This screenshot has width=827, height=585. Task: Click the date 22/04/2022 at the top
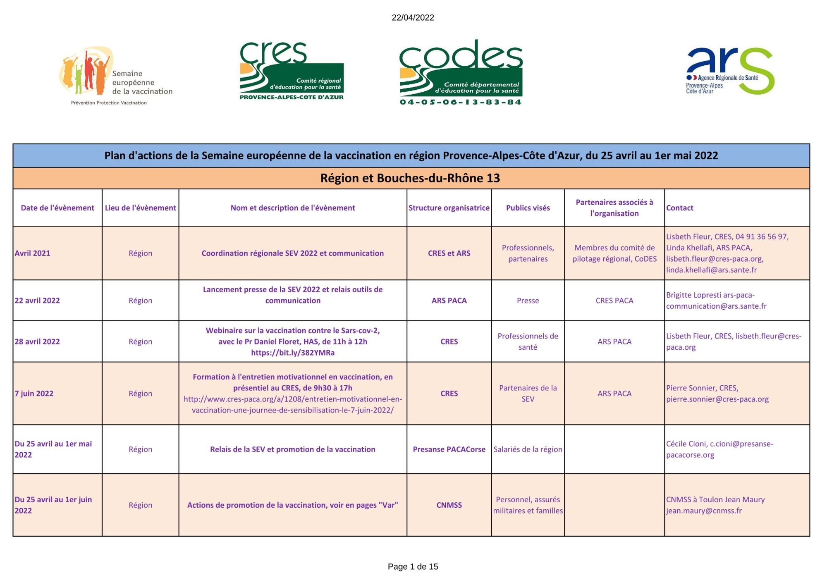pyautogui.click(x=413, y=18)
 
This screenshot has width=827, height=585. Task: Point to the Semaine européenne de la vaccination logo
pyautogui.click(x=115, y=76)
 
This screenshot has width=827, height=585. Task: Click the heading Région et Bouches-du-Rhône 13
pyautogui.click(x=410, y=178)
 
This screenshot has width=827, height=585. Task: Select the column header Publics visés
pyautogui.click(x=528, y=208)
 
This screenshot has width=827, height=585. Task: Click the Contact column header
pyautogui.click(x=679, y=208)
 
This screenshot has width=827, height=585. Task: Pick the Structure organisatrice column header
pyautogui.click(x=449, y=208)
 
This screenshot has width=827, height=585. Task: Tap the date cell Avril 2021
pyautogui.click(x=33, y=253)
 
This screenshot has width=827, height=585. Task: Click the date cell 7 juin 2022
pyautogui.click(x=34, y=393)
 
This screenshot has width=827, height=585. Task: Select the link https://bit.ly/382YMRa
pyautogui.click(x=293, y=353)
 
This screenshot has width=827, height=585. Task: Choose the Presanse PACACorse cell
pyautogui.click(x=449, y=449)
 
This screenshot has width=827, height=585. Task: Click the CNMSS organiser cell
pyautogui.click(x=449, y=505)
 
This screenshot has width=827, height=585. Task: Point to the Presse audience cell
pyautogui.click(x=528, y=301)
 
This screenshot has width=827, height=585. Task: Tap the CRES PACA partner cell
pyautogui.click(x=614, y=301)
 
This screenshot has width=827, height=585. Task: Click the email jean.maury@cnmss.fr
pyautogui.click(x=704, y=511)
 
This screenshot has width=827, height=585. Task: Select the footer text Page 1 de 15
pyautogui.click(x=413, y=567)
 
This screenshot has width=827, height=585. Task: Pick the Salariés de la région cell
pyautogui.click(x=528, y=449)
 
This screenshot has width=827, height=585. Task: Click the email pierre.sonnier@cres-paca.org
pyautogui.click(x=717, y=399)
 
